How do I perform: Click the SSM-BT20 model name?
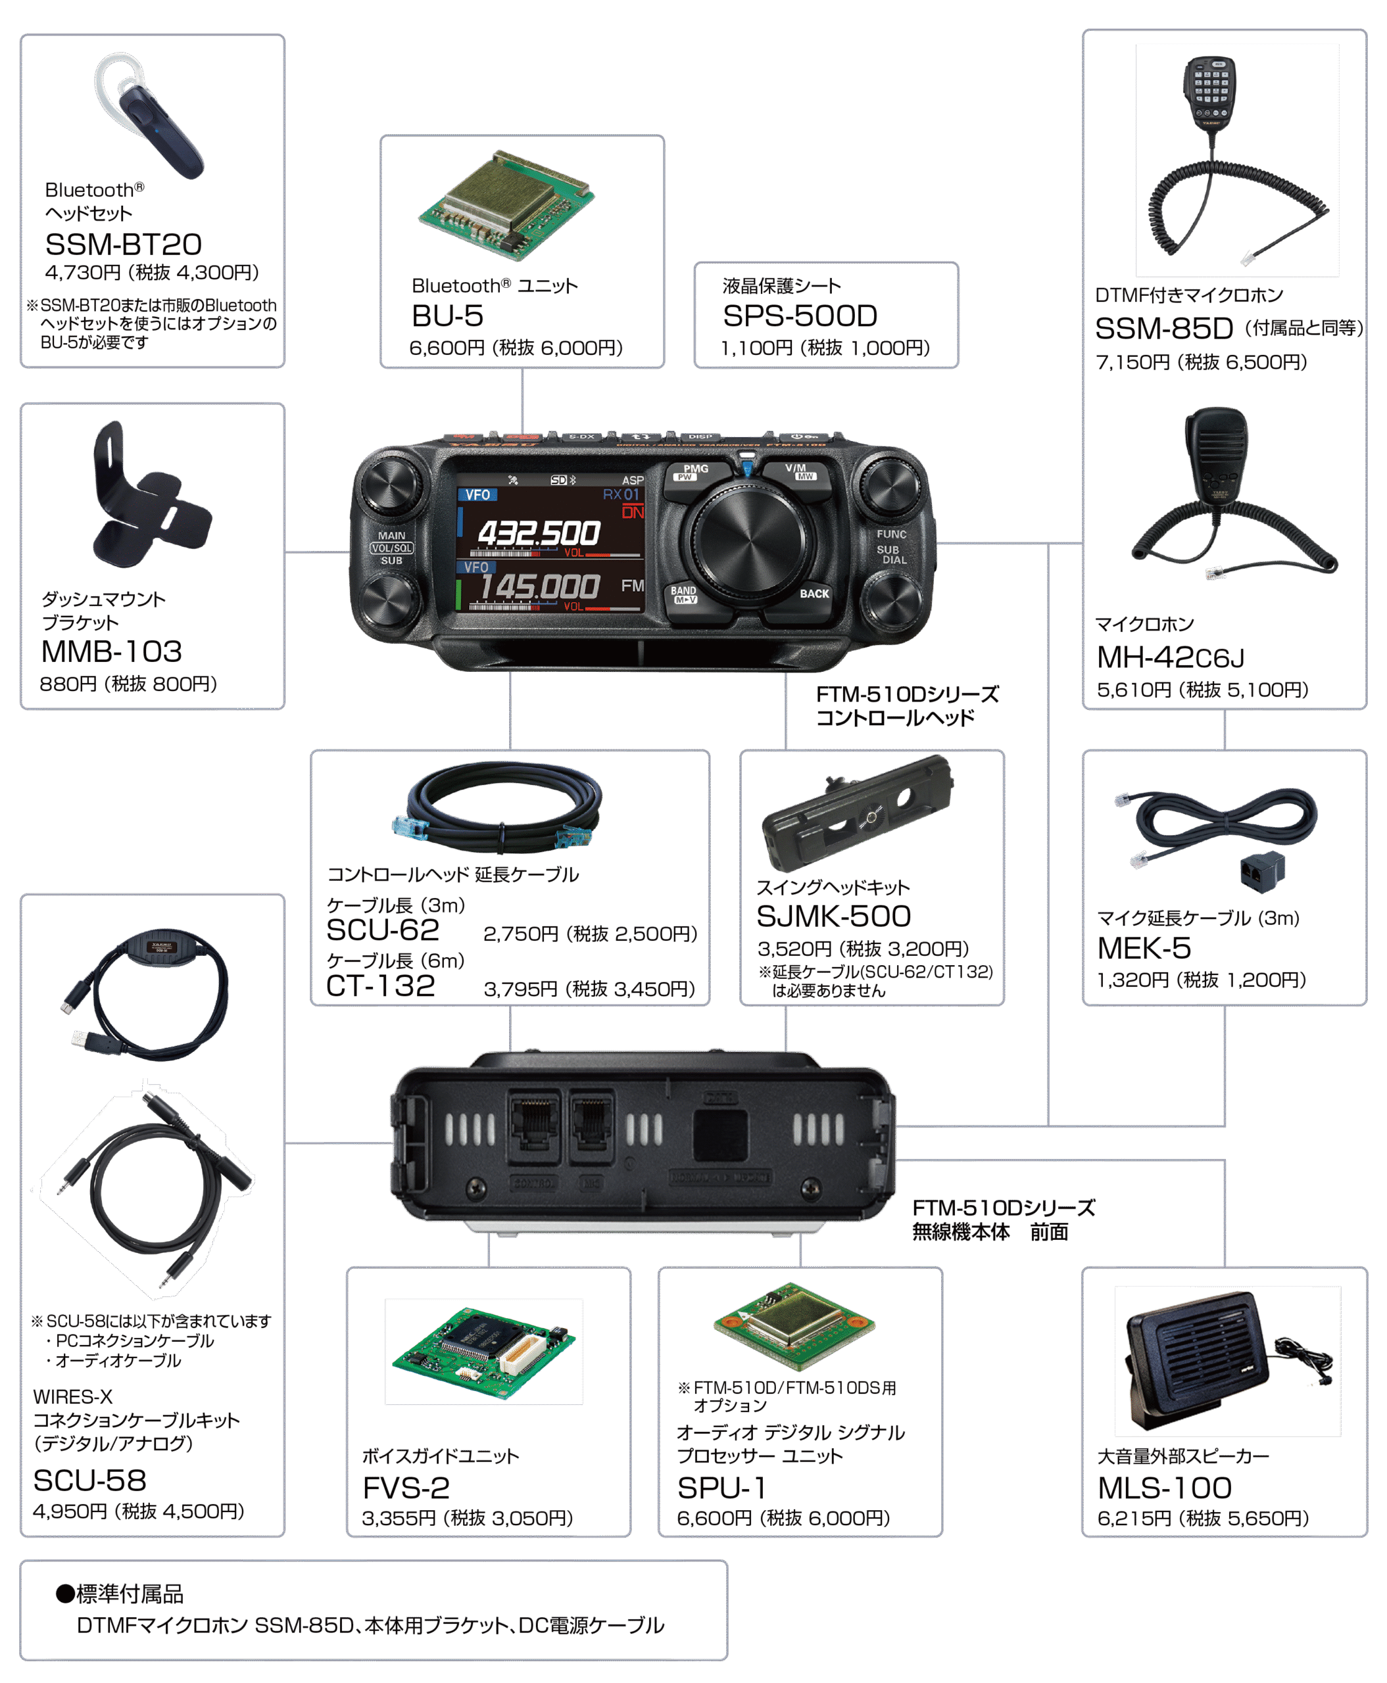click(123, 244)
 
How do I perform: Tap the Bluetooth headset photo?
click(149, 116)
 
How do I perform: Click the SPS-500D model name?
click(800, 316)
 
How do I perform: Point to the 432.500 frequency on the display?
click(539, 533)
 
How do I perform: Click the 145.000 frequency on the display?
click(539, 586)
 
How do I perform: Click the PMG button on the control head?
click(696, 472)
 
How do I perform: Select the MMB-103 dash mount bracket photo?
click(152, 494)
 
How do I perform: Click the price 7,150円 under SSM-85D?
click(1135, 363)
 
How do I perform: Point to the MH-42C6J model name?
click(1171, 657)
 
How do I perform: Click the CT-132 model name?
click(380, 985)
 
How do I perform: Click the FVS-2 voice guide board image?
click(483, 1352)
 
